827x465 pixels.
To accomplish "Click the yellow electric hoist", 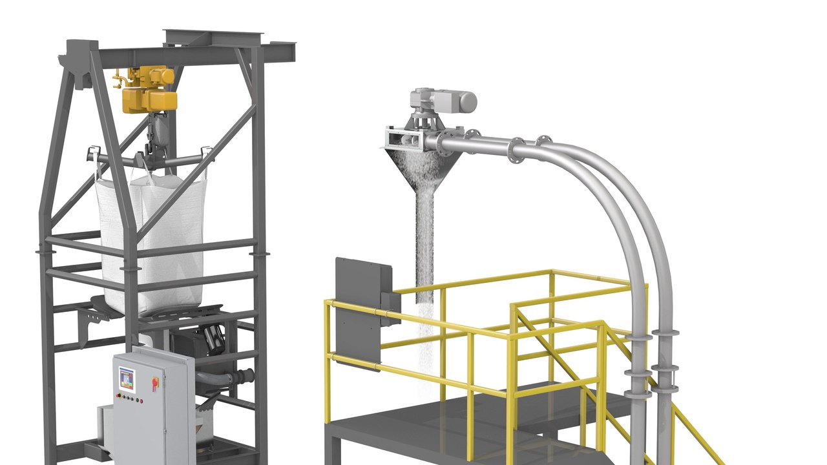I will click(x=147, y=90).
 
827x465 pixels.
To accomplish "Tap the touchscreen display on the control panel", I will click(x=127, y=379).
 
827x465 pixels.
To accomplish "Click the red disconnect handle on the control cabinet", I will click(x=155, y=384).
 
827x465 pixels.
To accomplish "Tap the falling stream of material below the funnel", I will click(x=424, y=258).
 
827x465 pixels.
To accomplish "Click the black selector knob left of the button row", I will click(x=118, y=396).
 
